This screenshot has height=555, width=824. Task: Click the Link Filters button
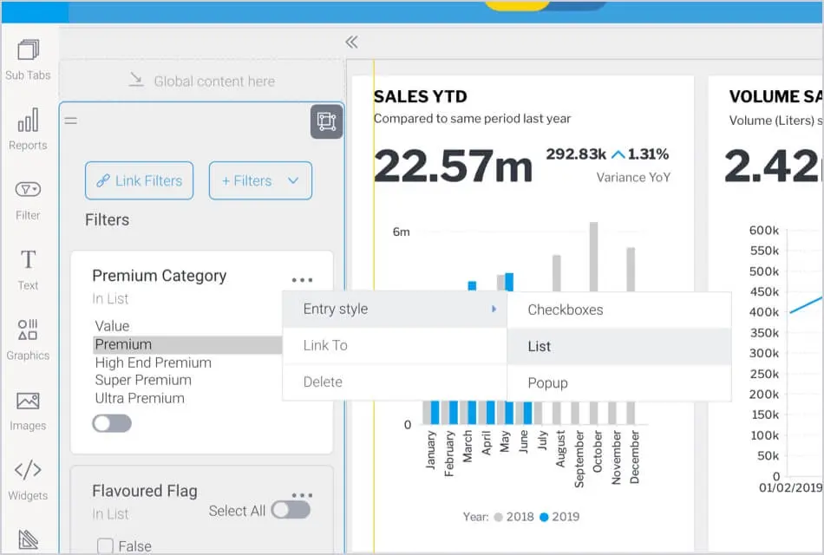139,180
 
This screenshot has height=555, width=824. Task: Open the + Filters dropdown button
260,180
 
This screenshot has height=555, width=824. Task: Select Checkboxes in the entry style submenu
565,310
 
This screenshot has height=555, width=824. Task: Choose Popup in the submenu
547,382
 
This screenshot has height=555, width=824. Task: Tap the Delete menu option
323,382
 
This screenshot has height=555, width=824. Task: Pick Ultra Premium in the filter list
140,398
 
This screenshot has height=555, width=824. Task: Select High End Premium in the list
153,362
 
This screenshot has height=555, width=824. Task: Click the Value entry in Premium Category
112,326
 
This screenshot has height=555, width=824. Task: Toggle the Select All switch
291,510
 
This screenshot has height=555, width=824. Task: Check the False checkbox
106,545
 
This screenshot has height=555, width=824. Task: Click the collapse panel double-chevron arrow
351,42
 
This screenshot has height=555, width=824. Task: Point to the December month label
635,456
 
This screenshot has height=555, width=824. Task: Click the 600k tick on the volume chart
764,231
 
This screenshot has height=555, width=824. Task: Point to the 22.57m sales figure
453,166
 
